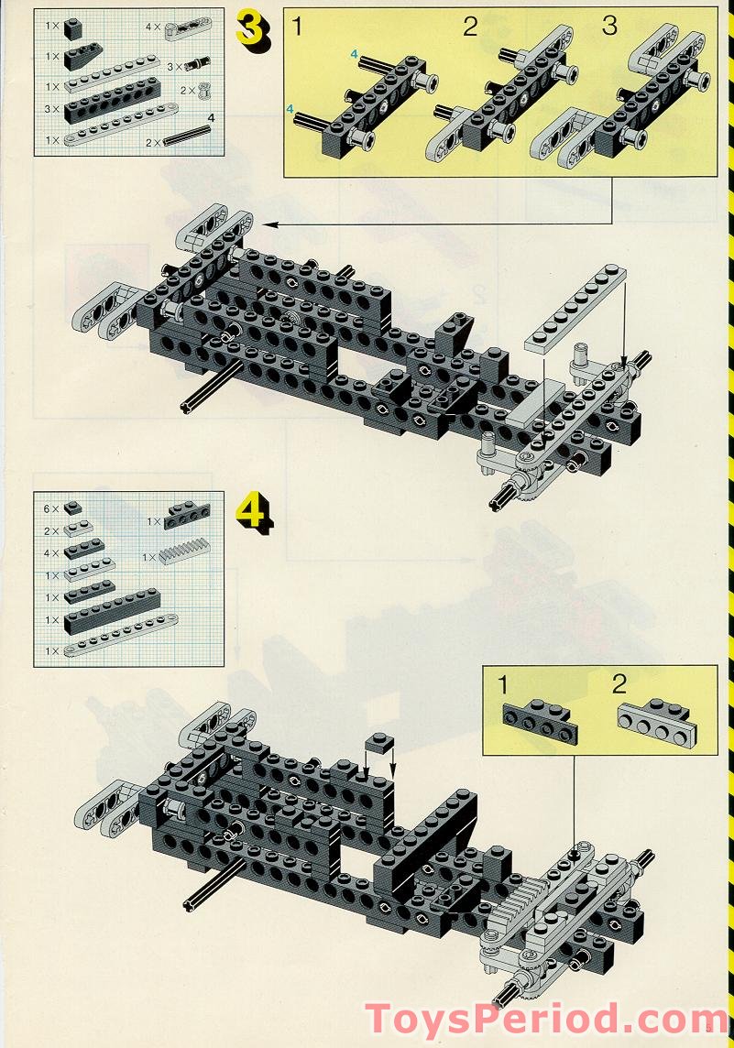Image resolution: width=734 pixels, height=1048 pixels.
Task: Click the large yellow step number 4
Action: pos(253,513)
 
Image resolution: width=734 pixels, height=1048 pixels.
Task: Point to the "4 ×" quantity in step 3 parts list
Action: pos(153,27)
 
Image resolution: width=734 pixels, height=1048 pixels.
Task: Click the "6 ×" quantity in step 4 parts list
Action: pos(50,508)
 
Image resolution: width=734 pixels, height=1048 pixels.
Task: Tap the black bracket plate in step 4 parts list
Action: pos(186,518)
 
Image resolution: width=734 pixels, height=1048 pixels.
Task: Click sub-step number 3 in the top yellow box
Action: pos(609,27)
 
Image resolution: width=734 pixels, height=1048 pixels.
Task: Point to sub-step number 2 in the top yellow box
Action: pos(470,27)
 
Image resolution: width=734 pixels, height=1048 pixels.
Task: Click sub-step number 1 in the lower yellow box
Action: pos(503,684)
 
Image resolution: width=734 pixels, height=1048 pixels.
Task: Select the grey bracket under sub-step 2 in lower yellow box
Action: pos(655,721)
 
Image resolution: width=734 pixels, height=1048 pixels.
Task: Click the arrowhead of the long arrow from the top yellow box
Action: pos(268,224)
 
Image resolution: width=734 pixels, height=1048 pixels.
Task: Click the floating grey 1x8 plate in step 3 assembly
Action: pos(577,307)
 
